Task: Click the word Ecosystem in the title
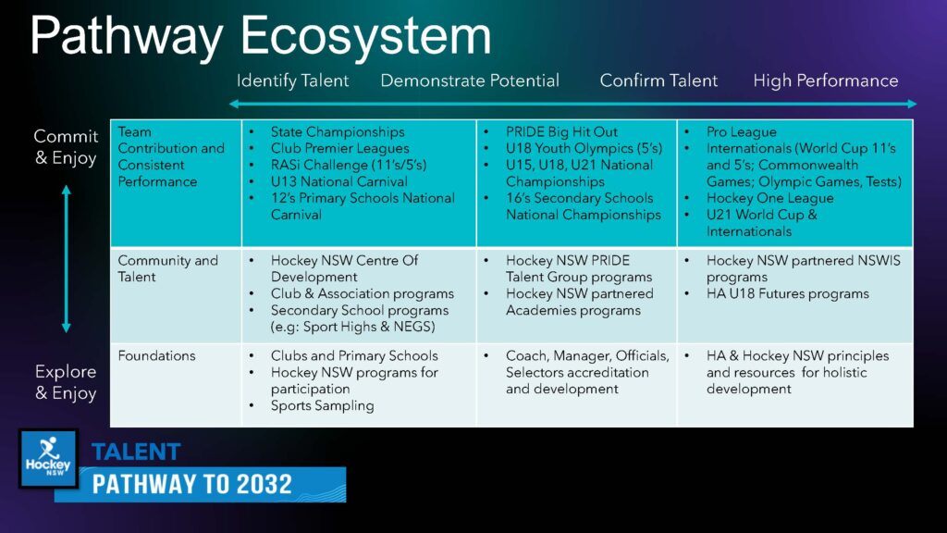[x=366, y=36]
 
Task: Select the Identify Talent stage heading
[x=293, y=81]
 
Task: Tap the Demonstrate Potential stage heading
[x=470, y=81]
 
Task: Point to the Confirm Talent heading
[x=658, y=81]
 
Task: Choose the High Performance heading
[x=826, y=81]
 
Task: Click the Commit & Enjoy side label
[x=66, y=147]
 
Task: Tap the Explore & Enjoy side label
[x=66, y=382]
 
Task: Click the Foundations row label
[x=156, y=355]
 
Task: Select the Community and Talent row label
[x=168, y=268]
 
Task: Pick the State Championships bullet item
[x=338, y=131]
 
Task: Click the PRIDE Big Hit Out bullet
[x=561, y=131]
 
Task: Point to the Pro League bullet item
[x=742, y=131]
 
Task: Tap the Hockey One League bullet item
[x=770, y=198]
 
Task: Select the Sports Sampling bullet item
[x=323, y=405]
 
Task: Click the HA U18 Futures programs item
[x=788, y=293]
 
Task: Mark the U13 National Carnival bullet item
[x=338, y=181]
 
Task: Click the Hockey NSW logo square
[x=48, y=459]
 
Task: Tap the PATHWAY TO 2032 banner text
[x=192, y=484]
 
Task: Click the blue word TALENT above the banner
[x=136, y=452]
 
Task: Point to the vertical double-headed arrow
[x=67, y=259]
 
